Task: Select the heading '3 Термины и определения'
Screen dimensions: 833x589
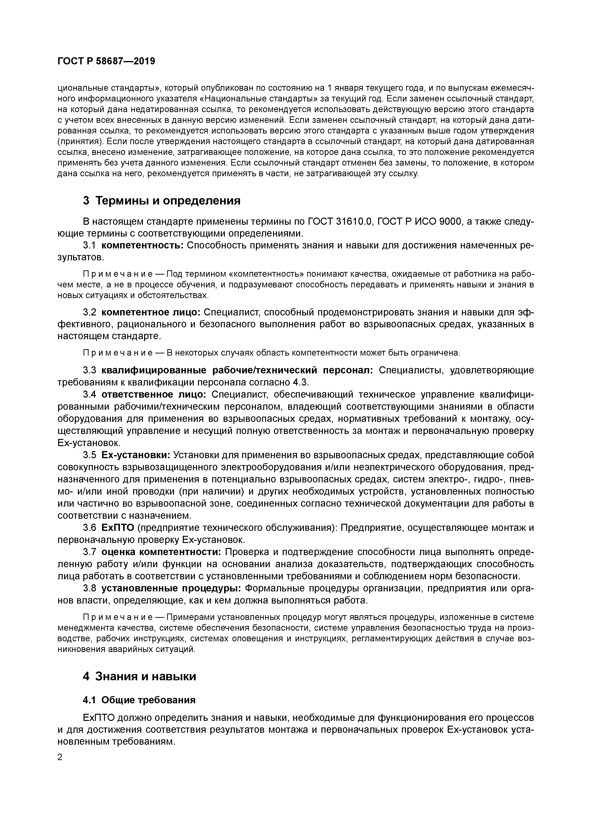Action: point(161,201)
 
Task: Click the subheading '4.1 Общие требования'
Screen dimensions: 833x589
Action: point(139,700)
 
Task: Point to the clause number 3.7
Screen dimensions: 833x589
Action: point(89,552)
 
